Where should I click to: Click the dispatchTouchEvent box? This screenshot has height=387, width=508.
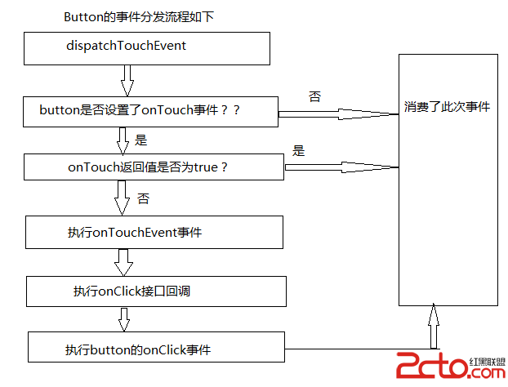pos(147,48)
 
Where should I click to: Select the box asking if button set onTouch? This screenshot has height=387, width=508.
pos(151,111)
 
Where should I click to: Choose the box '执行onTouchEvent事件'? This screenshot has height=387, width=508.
pos(154,232)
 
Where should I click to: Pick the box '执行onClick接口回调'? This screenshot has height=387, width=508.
pos(156,291)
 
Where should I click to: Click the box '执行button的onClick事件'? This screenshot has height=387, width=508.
pos(156,347)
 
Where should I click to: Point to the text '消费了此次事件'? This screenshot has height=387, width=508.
pos(447,106)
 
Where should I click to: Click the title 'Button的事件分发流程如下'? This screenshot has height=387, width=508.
pos(138,16)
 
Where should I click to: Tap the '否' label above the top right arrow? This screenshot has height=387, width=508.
pos(314,96)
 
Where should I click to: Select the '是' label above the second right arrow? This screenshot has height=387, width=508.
pos(298,150)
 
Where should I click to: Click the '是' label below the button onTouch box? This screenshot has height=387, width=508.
pos(140,140)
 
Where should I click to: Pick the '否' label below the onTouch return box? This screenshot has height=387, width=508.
pos(143,198)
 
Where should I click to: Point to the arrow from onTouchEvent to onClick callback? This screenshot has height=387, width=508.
pos(124,262)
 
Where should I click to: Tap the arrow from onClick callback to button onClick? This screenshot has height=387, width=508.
pos(123,319)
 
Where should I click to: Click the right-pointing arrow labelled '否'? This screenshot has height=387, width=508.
pos(340,113)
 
